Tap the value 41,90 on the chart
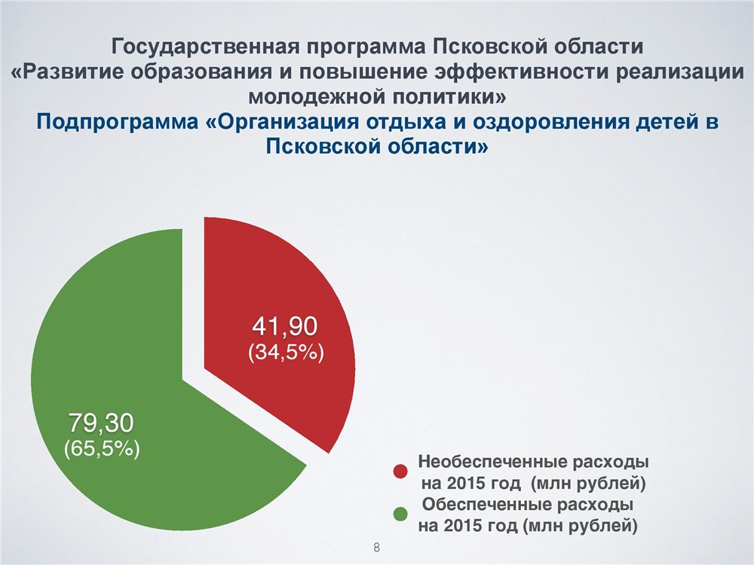point(285,326)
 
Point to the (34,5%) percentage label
point(286,352)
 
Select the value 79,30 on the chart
point(101,423)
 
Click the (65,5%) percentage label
point(102,448)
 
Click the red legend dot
point(400,472)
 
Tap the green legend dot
point(400,514)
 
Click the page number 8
point(376,547)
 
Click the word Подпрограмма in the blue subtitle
point(118,121)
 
